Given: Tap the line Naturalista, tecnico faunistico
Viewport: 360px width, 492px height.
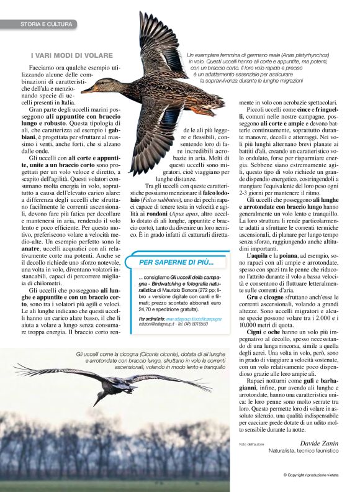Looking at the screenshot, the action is pos(303,450).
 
